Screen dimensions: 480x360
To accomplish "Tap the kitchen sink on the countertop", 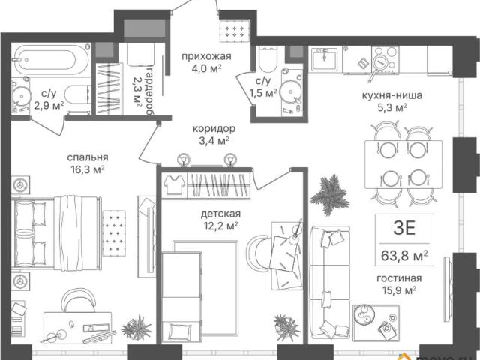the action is tap(324, 58).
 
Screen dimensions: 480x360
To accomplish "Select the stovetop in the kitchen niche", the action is tap(385, 60).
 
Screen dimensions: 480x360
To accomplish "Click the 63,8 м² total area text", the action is tap(404, 255).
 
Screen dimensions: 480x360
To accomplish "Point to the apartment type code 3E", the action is tap(404, 228).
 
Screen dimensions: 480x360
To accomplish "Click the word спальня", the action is tap(88, 157).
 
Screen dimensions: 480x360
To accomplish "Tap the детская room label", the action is tap(220, 214).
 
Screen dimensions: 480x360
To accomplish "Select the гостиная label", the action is tap(399, 278).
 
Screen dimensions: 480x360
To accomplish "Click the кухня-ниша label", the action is tap(391, 95).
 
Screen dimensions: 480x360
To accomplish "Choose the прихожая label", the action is tap(206, 57).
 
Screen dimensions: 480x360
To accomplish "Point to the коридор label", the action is tap(214, 128).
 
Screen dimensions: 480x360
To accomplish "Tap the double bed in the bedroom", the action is tap(56, 233).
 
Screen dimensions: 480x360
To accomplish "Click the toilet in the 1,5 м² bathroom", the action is tap(268, 59).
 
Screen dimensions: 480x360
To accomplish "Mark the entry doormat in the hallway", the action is tap(235, 31).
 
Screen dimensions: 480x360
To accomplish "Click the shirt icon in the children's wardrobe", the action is tap(174, 184).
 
